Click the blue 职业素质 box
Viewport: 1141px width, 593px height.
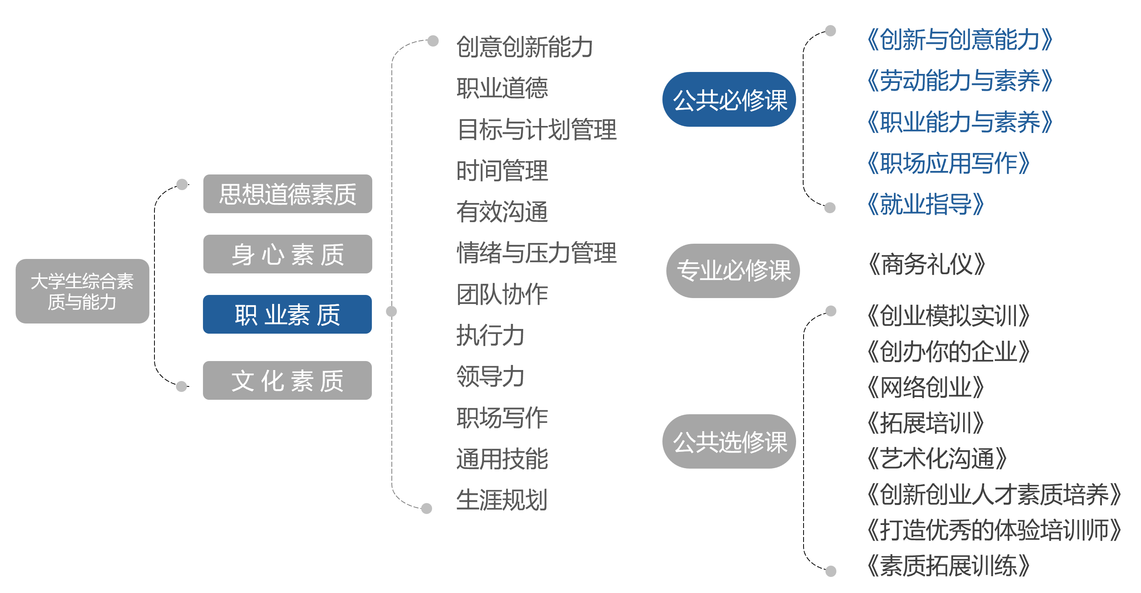(287, 314)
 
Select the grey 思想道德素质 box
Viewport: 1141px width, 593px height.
(287, 194)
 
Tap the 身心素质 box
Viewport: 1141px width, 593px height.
(287, 254)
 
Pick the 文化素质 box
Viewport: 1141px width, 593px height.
(287, 380)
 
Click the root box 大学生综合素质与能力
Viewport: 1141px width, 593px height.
(83, 291)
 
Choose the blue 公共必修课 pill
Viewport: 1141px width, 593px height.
(729, 99)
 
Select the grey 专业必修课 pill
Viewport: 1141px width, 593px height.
(733, 270)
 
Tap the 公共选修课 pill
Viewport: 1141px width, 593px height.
(729, 442)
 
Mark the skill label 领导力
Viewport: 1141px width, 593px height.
(490, 376)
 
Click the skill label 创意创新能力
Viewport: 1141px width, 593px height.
(524, 47)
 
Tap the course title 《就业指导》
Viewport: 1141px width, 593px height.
(925, 204)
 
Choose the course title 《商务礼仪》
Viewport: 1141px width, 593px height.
(926, 264)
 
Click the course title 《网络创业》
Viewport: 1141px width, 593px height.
(925, 387)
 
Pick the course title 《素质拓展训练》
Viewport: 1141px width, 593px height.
(948, 566)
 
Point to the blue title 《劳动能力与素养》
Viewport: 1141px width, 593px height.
(960, 81)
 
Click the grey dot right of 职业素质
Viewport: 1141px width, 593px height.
(391, 311)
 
